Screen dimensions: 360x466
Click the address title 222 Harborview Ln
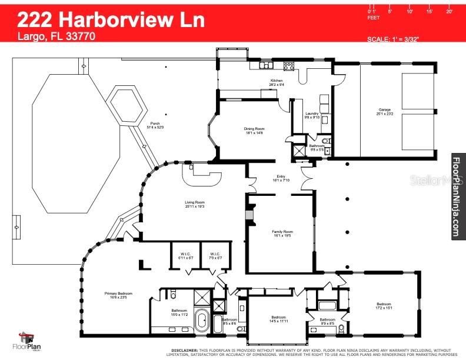111,19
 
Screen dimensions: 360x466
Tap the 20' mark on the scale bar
450,11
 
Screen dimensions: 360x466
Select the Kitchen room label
277,81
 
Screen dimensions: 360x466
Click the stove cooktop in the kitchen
288,66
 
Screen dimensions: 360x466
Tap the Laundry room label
312,114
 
